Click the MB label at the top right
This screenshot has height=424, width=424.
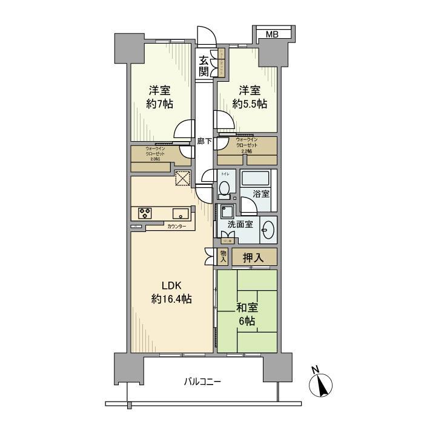pyautogui.click(x=272, y=35)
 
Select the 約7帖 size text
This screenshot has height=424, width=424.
pyautogui.click(x=160, y=104)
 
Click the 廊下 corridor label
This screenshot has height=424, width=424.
pyautogui.click(x=204, y=142)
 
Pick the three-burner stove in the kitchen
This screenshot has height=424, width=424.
pyautogui.click(x=146, y=213)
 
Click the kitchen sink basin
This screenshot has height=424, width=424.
pyautogui.click(x=181, y=213)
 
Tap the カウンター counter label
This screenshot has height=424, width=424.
pyautogui.click(x=177, y=226)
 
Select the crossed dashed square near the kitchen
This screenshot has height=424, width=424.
pyautogui.click(x=183, y=178)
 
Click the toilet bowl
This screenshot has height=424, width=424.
pyautogui.click(x=224, y=190)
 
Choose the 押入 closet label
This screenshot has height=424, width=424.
pyautogui.click(x=254, y=257)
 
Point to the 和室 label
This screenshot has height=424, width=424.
pyautogui.click(x=247, y=307)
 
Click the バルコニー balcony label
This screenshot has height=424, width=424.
pyautogui.click(x=202, y=382)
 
